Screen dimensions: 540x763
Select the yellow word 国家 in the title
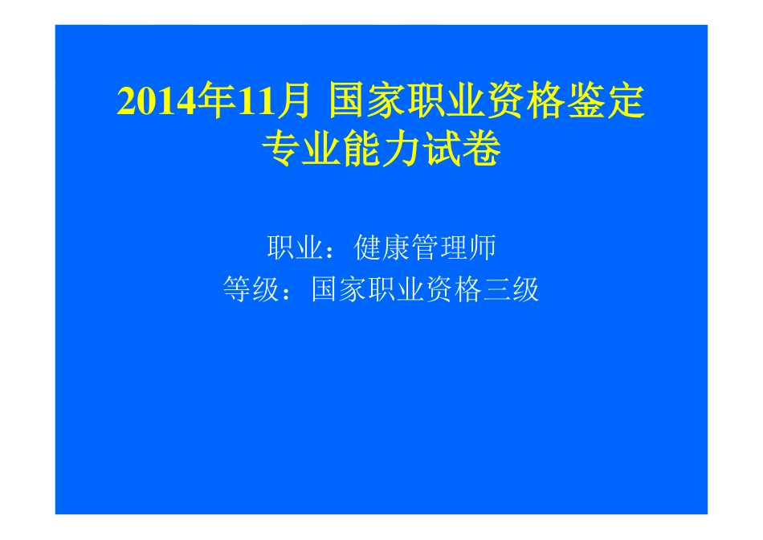[x=369, y=103]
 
